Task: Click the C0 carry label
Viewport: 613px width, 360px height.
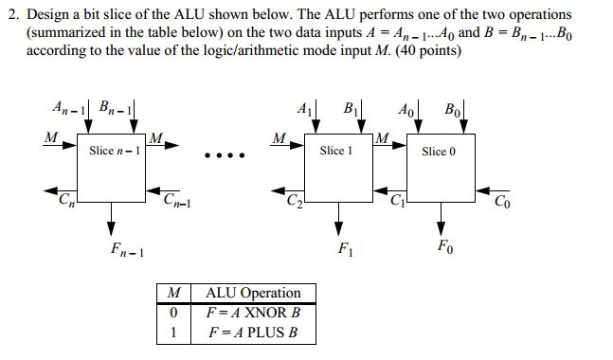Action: point(501,200)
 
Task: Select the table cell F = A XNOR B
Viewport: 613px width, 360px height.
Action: point(252,313)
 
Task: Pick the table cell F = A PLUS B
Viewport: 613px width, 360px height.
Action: point(252,333)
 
